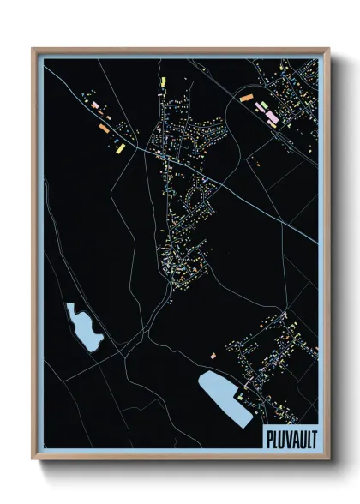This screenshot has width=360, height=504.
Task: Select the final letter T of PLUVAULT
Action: click(x=314, y=435)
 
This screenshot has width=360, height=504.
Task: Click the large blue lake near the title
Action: click(x=225, y=396)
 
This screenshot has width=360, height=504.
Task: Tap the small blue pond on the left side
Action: click(x=83, y=327)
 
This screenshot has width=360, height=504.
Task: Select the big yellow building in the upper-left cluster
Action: click(x=118, y=147)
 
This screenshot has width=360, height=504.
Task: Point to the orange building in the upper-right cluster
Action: click(x=247, y=99)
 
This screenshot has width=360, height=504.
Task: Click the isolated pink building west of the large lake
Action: click(x=212, y=355)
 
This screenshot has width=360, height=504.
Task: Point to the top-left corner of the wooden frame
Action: click(x=33, y=49)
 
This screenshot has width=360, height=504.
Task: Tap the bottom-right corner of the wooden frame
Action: click(x=328, y=458)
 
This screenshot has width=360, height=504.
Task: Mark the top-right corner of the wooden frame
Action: click(x=328, y=49)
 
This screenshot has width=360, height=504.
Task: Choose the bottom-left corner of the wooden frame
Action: click(x=33, y=458)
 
